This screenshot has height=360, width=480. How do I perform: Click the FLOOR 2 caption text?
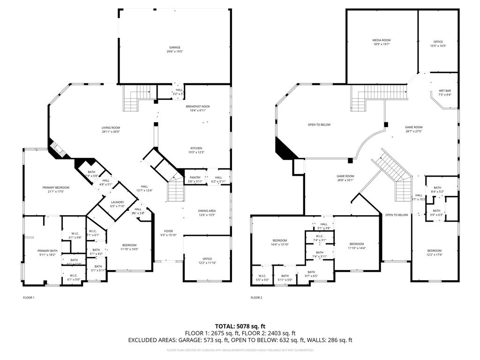pyautogui.click(x=256, y=298)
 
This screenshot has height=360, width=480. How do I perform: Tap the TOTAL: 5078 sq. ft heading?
pyautogui.click(x=240, y=326)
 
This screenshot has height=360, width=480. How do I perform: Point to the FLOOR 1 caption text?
pyautogui.click(x=29, y=298)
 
